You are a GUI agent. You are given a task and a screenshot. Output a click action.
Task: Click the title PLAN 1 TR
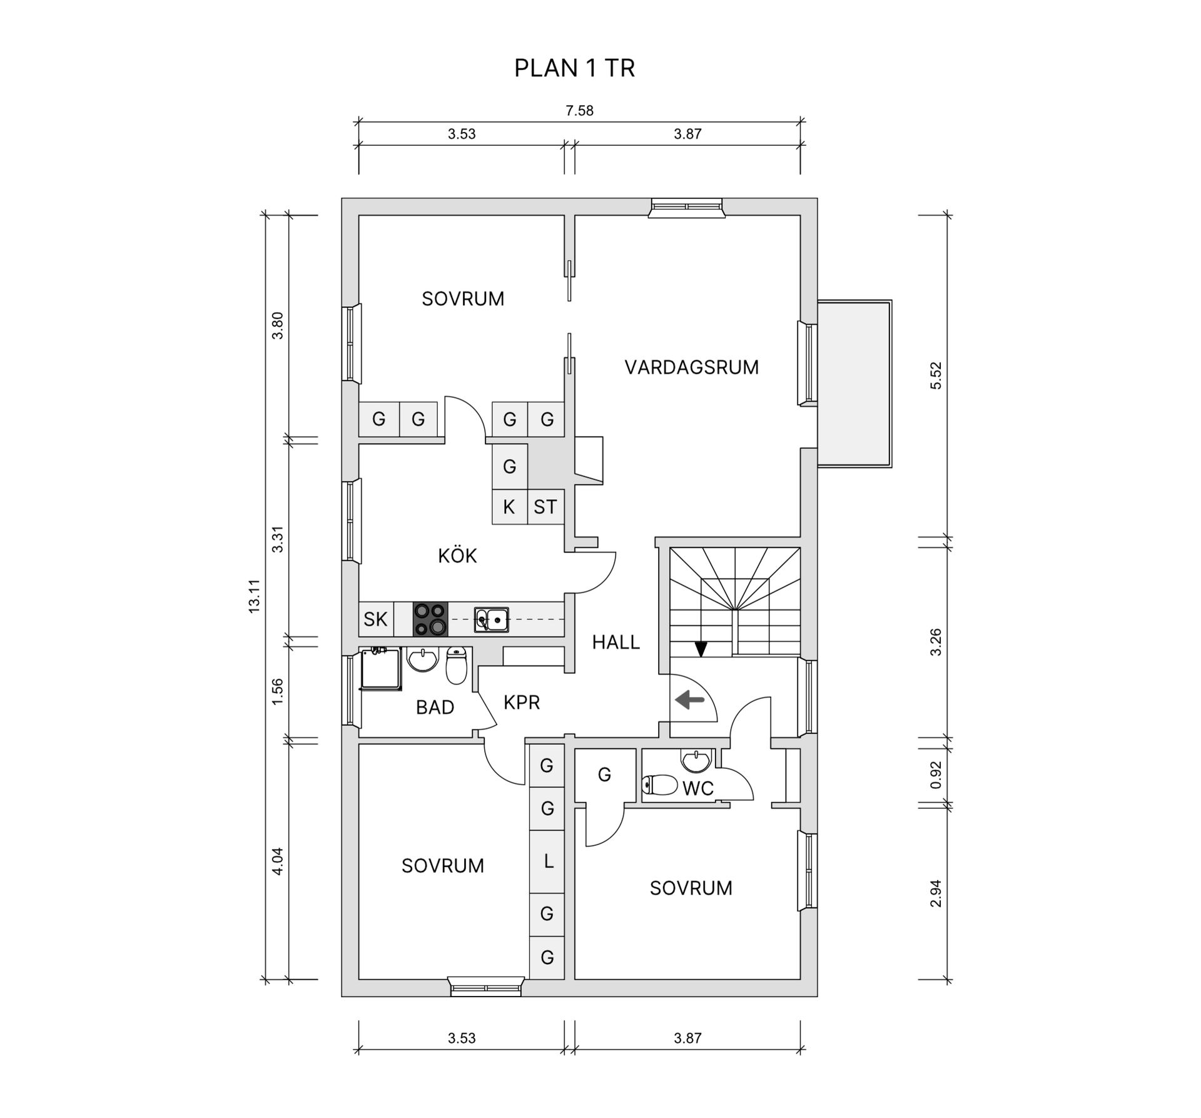[x=574, y=68]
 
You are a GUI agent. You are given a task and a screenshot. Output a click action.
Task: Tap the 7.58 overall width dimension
[x=579, y=111]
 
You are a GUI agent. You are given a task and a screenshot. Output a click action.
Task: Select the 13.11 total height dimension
[x=254, y=596]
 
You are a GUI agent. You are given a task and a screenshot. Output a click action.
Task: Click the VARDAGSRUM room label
[x=691, y=367]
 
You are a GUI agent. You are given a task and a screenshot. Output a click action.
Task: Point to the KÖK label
[x=457, y=556]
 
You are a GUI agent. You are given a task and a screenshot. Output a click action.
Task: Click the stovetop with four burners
[x=430, y=619]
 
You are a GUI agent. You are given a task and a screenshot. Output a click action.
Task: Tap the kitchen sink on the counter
[x=491, y=619]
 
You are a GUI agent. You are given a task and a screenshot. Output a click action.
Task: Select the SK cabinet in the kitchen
[x=375, y=619]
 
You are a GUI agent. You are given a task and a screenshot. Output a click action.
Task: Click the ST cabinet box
[x=545, y=507]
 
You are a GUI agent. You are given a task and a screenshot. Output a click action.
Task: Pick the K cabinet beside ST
[x=509, y=507]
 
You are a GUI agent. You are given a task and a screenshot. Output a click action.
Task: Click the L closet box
[x=547, y=861]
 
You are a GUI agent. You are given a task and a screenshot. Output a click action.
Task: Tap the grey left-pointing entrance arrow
[x=689, y=699]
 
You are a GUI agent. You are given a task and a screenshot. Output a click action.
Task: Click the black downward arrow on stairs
[x=701, y=649]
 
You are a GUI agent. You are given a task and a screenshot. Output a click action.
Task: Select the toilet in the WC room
[x=661, y=785]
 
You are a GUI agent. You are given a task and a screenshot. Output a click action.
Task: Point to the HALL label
[x=616, y=643]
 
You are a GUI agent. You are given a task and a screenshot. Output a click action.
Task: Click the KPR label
[x=521, y=703]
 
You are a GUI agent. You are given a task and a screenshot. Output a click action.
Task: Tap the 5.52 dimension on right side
[x=936, y=375]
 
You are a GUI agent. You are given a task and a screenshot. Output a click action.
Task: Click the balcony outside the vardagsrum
[x=854, y=384]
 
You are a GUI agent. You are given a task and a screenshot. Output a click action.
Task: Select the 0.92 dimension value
[x=936, y=775]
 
